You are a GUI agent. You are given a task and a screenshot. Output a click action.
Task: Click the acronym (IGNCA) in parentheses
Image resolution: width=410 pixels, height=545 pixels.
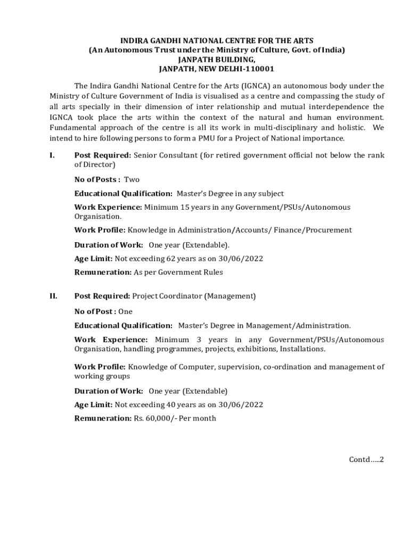(256, 86)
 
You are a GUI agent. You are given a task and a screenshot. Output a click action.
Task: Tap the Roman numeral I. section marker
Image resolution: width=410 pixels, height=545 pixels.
(52, 155)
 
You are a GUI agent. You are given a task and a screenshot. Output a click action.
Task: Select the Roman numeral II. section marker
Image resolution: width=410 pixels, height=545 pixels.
(53, 295)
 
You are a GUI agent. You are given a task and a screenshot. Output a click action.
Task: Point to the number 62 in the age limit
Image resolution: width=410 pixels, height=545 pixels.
(174, 259)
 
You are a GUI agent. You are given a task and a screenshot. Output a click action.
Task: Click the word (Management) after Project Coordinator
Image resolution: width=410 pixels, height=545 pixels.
(230, 295)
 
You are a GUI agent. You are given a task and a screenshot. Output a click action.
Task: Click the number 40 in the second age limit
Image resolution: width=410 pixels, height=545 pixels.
(174, 404)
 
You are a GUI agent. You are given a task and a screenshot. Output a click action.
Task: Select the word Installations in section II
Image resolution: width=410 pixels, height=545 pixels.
(302, 349)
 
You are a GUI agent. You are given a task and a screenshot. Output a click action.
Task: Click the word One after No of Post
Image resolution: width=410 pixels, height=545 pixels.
(126, 311)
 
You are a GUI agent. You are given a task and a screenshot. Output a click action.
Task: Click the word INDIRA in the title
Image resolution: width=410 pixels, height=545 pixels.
(135, 40)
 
